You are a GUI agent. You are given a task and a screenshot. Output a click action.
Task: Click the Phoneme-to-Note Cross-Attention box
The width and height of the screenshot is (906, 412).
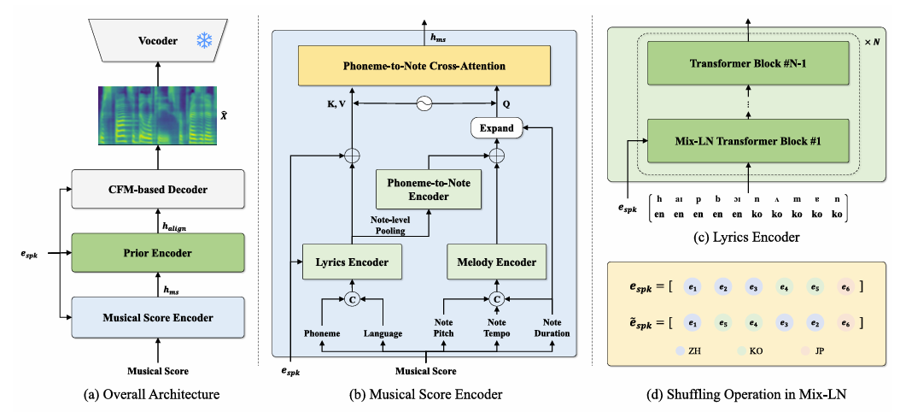(x=424, y=66)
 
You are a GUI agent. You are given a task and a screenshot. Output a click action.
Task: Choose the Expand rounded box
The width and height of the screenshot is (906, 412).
(x=497, y=128)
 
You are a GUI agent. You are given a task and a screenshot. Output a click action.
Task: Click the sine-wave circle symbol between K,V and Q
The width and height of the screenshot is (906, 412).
(x=424, y=103)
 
